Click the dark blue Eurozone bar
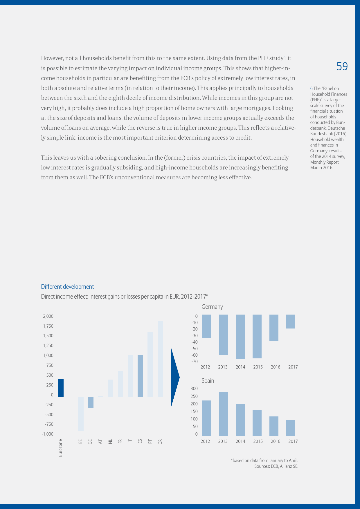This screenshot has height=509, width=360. pos(61,388)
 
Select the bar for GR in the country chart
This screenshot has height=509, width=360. pos(160,359)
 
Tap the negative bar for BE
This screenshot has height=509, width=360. pos(81,414)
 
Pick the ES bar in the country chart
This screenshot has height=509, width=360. pos(140,376)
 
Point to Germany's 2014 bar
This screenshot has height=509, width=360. pos(240,337)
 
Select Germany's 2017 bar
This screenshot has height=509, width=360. pos(291,322)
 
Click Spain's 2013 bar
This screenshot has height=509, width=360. pos(224,414)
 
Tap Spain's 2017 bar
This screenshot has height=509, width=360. pos(291,428)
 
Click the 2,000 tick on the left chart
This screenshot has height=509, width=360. pos(48,316)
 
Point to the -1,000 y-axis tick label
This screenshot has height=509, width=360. pos(48,434)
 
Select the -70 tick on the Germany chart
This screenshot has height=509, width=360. pos(195,362)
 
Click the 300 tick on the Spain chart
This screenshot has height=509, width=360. pos(194,389)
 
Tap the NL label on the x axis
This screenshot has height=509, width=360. pos(110,442)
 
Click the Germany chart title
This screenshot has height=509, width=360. pos(212,307)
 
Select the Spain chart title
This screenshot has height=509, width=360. pos(208,381)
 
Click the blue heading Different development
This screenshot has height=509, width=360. pos(67,287)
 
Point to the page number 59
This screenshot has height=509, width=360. pos(342,66)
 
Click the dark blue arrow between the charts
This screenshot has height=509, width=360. pos(175,377)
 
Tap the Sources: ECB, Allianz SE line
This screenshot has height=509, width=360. pos(276,466)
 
